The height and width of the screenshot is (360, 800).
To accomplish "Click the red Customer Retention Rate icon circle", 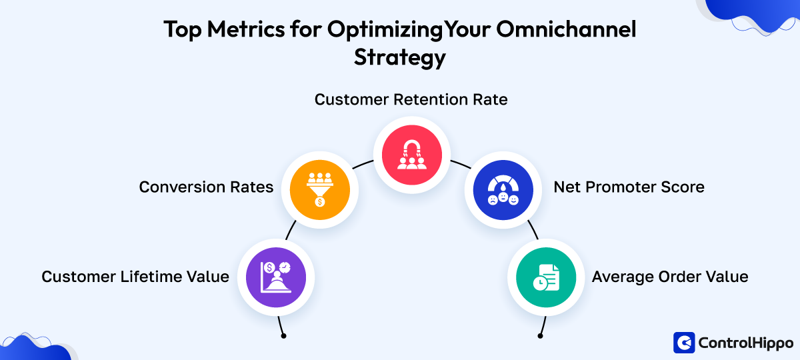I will coord(411,155).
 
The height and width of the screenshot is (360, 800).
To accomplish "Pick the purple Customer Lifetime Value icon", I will coord(276,276).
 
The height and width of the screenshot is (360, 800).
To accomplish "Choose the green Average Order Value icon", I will coord(546,276).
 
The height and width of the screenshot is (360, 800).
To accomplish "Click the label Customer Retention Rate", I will coord(411,100).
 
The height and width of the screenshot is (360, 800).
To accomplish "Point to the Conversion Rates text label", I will coord(206,187).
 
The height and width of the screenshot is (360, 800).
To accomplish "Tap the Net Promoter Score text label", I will coord(629,187).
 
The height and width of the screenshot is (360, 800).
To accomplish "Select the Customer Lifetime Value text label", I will coord(135,277).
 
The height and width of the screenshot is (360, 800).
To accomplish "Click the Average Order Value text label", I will coord(670,277).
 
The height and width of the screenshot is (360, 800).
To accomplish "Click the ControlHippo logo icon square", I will coord(684,343).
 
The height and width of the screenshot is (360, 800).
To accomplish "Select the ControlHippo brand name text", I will coord(745,343).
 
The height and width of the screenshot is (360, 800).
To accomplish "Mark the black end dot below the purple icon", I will coord(283,336).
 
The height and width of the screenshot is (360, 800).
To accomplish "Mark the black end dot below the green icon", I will coord(539,336).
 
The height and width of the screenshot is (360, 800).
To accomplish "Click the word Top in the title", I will coord(183,30).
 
